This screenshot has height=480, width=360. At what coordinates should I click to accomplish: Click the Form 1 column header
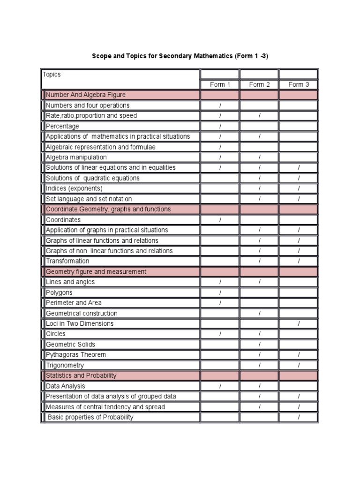(220, 85)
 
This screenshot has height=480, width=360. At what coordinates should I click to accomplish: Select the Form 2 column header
(259, 85)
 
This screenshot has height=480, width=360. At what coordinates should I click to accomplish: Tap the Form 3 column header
(299, 85)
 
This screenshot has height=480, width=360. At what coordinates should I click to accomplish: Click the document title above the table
(180, 56)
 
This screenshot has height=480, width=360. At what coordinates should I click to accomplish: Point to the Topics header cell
(52, 75)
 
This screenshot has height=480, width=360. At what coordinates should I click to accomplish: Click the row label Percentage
(62, 126)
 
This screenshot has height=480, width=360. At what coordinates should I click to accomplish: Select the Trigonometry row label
(65, 365)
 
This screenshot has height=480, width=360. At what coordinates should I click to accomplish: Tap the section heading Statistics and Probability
(81, 375)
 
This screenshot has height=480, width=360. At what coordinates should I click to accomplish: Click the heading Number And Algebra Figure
(86, 95)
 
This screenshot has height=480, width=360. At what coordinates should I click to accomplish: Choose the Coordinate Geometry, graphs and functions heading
(108, 209)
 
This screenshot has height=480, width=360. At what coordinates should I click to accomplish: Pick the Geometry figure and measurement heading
(96, 272)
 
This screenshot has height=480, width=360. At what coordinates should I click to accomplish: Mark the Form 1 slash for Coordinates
(220, 220)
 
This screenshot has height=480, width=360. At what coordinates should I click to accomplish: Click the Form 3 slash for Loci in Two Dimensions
(299, 324)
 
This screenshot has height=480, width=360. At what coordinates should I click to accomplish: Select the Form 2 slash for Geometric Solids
(259, 345)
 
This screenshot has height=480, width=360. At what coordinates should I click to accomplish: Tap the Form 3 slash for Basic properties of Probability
(299, 417)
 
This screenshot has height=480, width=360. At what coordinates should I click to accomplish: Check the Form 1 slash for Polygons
(220, 292)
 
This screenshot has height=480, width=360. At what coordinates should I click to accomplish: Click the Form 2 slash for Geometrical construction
(259, 313)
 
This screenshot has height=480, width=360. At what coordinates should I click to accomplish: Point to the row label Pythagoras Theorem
(76, 355)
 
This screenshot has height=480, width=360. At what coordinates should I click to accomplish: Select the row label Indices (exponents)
(74, 188)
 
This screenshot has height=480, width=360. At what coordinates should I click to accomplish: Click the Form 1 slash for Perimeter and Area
(220, 303)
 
